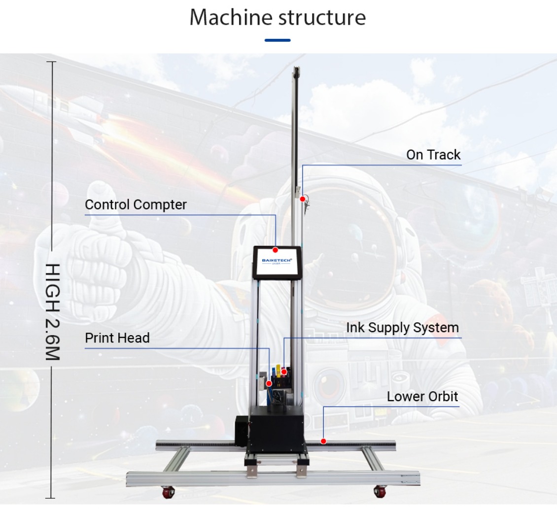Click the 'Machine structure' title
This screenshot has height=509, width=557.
pyautogui.click(x=278, y=17)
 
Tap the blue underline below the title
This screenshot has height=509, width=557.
pyautogui.click(x=278, y=40)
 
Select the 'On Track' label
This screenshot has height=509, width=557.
pyautogui.click(x=433, y=155)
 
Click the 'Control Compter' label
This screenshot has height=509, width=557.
pyautogui.click(x=136, y=204)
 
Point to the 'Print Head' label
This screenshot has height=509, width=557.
pyautogui.click(x=117, y=338)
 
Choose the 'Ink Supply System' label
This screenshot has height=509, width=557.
pyautogui.click(x=403, y=328)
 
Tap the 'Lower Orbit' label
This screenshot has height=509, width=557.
pyautogui.click(x=422, y=396)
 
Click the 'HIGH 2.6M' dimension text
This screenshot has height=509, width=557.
pyautogui.click(x=53, y=312)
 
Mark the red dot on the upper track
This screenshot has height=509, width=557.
pyautogui.click(x=302, y=199)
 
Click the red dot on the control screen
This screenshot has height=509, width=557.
pyautogui.click(x=275, y=250)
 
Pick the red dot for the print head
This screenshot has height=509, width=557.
pyautogui.click(x=269, y=384)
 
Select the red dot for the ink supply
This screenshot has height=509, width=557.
pyautogui.click(x=284, y=372)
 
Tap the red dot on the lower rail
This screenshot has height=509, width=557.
pyautogui.click(x=323, y=441)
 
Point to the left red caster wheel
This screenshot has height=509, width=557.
pyautogui.click(x=168, y=492)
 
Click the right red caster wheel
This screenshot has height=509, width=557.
pyautogui.click(x=380, y=492)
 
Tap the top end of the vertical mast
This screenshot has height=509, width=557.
pyautogui.click(x=296, y=67)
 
